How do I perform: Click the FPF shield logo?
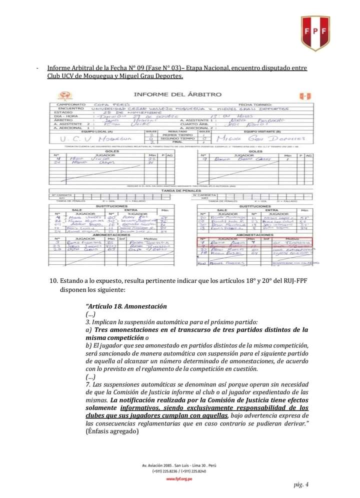(x=315, y=33)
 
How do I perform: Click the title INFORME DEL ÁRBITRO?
(x=177, y=94)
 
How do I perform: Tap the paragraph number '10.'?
(x=54, y=280)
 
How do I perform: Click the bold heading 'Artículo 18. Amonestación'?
(x=126, y=306)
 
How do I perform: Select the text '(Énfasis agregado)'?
(x=111, y=431)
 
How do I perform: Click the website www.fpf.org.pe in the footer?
(x=179, y=478)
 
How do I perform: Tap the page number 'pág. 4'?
(x=301, y=484)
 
